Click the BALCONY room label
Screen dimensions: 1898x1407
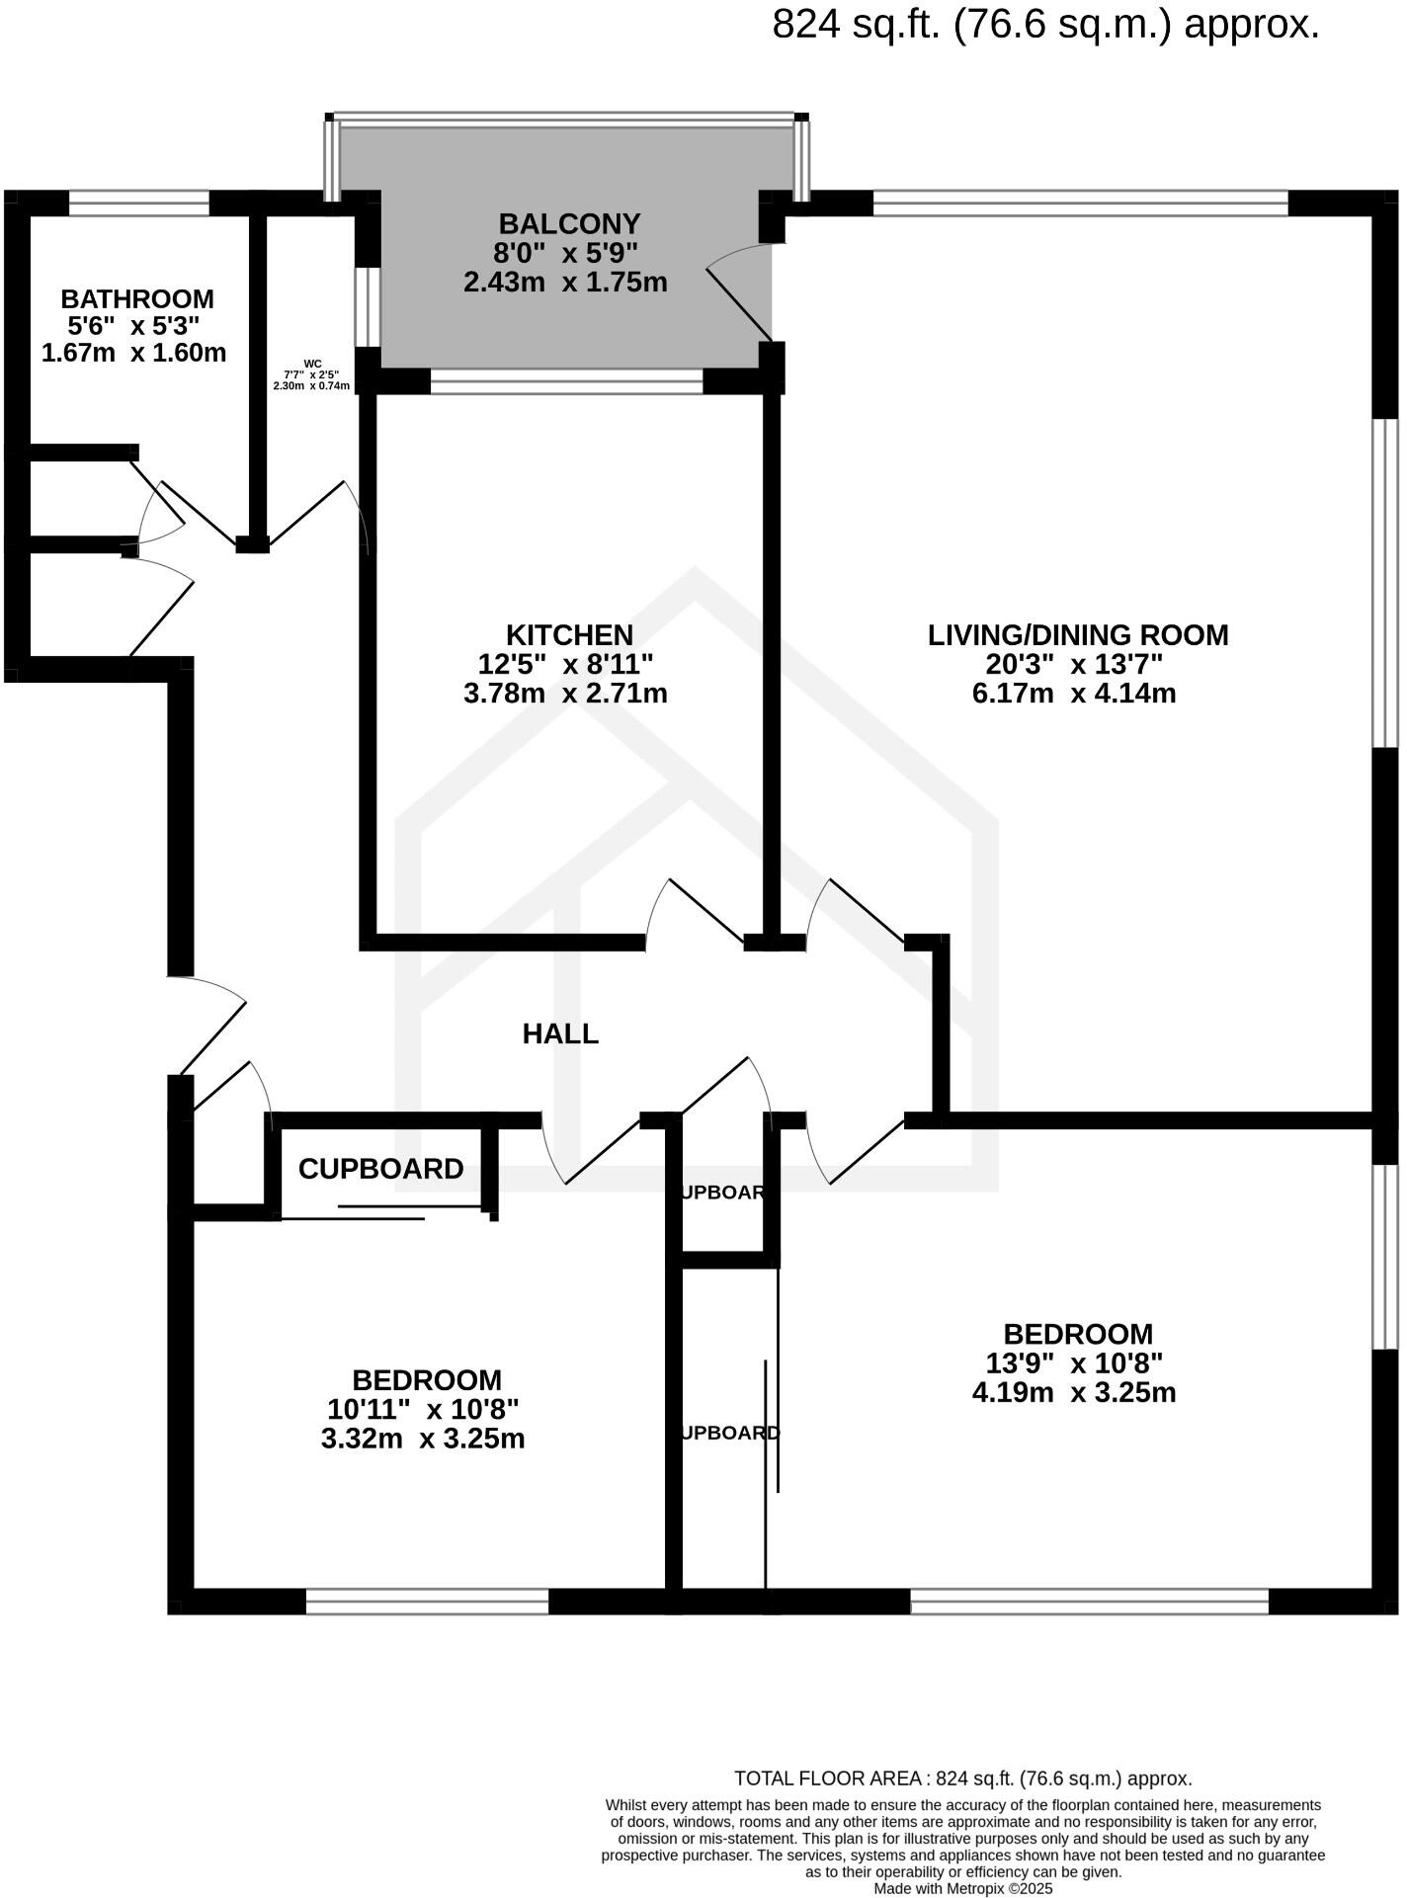pyautogui.click(x=569, y=223)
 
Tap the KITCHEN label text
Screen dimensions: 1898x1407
pyautogui.click(x=569, y=634)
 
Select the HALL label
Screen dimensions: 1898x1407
pyautogui.click(x=560, y=1033)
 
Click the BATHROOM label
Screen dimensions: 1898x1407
pyautogui.click(x=137, y=298)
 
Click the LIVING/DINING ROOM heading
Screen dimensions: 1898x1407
pyautogui.click(x=1077, y=634)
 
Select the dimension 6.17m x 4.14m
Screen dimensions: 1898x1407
pyautogui.click(x=1074, y=693)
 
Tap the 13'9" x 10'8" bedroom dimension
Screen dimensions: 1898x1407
pyautogui.click(x=1074, y=1363)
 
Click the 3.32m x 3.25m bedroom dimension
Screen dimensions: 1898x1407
pyautogui.click(x=423, y=1439)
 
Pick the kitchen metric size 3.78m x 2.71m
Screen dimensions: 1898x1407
pyautogui.click(x=565, y=693)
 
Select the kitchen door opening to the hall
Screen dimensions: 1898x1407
pyautogui.click(x=698, y=911)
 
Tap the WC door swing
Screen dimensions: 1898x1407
pyautogui.click(x=318, y=514)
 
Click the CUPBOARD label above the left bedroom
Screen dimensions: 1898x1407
pyautogui.click(x=380, y=1169)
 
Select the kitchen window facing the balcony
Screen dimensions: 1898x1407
pyautogui.click(x=566, y=381)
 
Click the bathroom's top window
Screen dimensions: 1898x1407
pyautogui.click(x=139, y=204)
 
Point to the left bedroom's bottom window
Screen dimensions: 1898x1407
pyautogui.click(x=427, y=1602)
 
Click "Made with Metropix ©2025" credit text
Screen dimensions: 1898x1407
pyautogui.click(x=963, y=1888)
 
